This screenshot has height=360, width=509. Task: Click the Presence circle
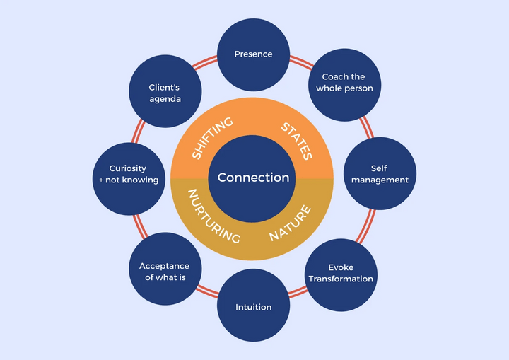253,54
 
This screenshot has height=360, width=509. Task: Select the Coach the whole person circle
347,83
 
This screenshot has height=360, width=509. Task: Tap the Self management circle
379,174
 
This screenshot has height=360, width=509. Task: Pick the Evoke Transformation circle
340,274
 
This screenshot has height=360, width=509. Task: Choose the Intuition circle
253,306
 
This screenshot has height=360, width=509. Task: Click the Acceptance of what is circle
164,272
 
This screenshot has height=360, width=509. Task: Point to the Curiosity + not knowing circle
129,174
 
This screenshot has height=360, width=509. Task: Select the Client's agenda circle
165,93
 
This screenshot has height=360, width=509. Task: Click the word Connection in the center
253,178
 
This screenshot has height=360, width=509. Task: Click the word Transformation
340,279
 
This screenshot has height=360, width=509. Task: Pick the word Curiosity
127,168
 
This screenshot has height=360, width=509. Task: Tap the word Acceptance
164,266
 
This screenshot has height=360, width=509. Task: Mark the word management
379,180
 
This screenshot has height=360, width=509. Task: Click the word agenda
165,99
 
